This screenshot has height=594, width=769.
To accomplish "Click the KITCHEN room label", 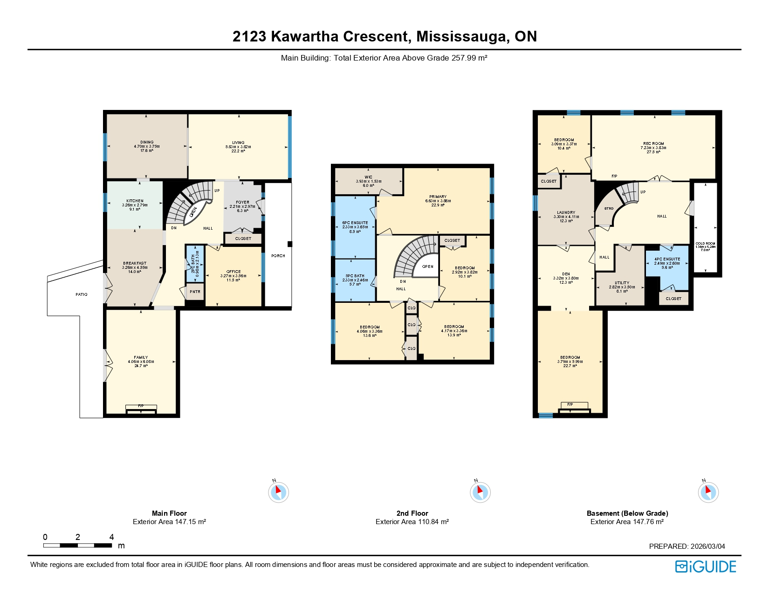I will pos(135,201).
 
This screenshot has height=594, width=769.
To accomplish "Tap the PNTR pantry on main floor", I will pos(195,292).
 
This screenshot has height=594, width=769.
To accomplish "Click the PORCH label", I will pos(278,256).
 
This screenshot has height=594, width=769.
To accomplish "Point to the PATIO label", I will pos(82,294).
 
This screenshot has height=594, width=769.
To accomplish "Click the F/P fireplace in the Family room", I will pos(141,406).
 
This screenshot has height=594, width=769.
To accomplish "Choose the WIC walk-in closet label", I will pos(369,178).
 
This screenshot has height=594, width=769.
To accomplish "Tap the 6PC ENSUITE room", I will pos(355,223).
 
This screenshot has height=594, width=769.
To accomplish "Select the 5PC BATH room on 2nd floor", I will pos(355,276).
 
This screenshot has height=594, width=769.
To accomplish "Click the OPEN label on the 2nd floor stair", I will pos(428,267).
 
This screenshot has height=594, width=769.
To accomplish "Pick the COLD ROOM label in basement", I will pos(705,244).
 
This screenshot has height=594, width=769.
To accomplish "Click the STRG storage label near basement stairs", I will pos(609,209).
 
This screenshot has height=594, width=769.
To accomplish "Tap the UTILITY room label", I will pos(622,283).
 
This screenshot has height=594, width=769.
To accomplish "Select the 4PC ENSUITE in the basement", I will pos(667,259).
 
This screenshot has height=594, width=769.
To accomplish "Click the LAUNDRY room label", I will pos(566,213).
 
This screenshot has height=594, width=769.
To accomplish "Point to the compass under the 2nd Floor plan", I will pos(480,492).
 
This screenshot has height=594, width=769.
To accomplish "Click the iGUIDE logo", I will pos(706,567).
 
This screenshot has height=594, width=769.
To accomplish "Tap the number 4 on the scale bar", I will pos(111,537).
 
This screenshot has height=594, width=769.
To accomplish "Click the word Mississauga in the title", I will pos(462,36).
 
